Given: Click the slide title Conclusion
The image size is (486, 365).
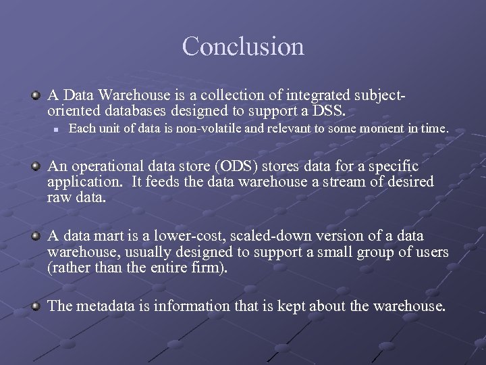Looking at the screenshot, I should click(243, 47).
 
